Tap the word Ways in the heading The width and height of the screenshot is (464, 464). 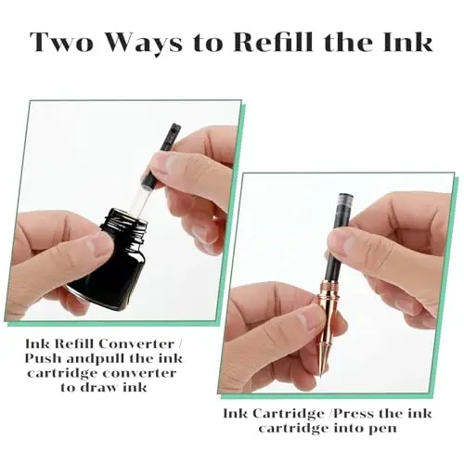coord(146,45)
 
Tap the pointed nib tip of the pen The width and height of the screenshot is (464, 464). coord(320,377)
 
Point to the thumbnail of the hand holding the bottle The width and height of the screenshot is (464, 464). coord(97,245)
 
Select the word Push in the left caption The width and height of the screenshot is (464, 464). coord(44,358)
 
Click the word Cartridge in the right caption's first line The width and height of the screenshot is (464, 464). coord(289,413)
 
